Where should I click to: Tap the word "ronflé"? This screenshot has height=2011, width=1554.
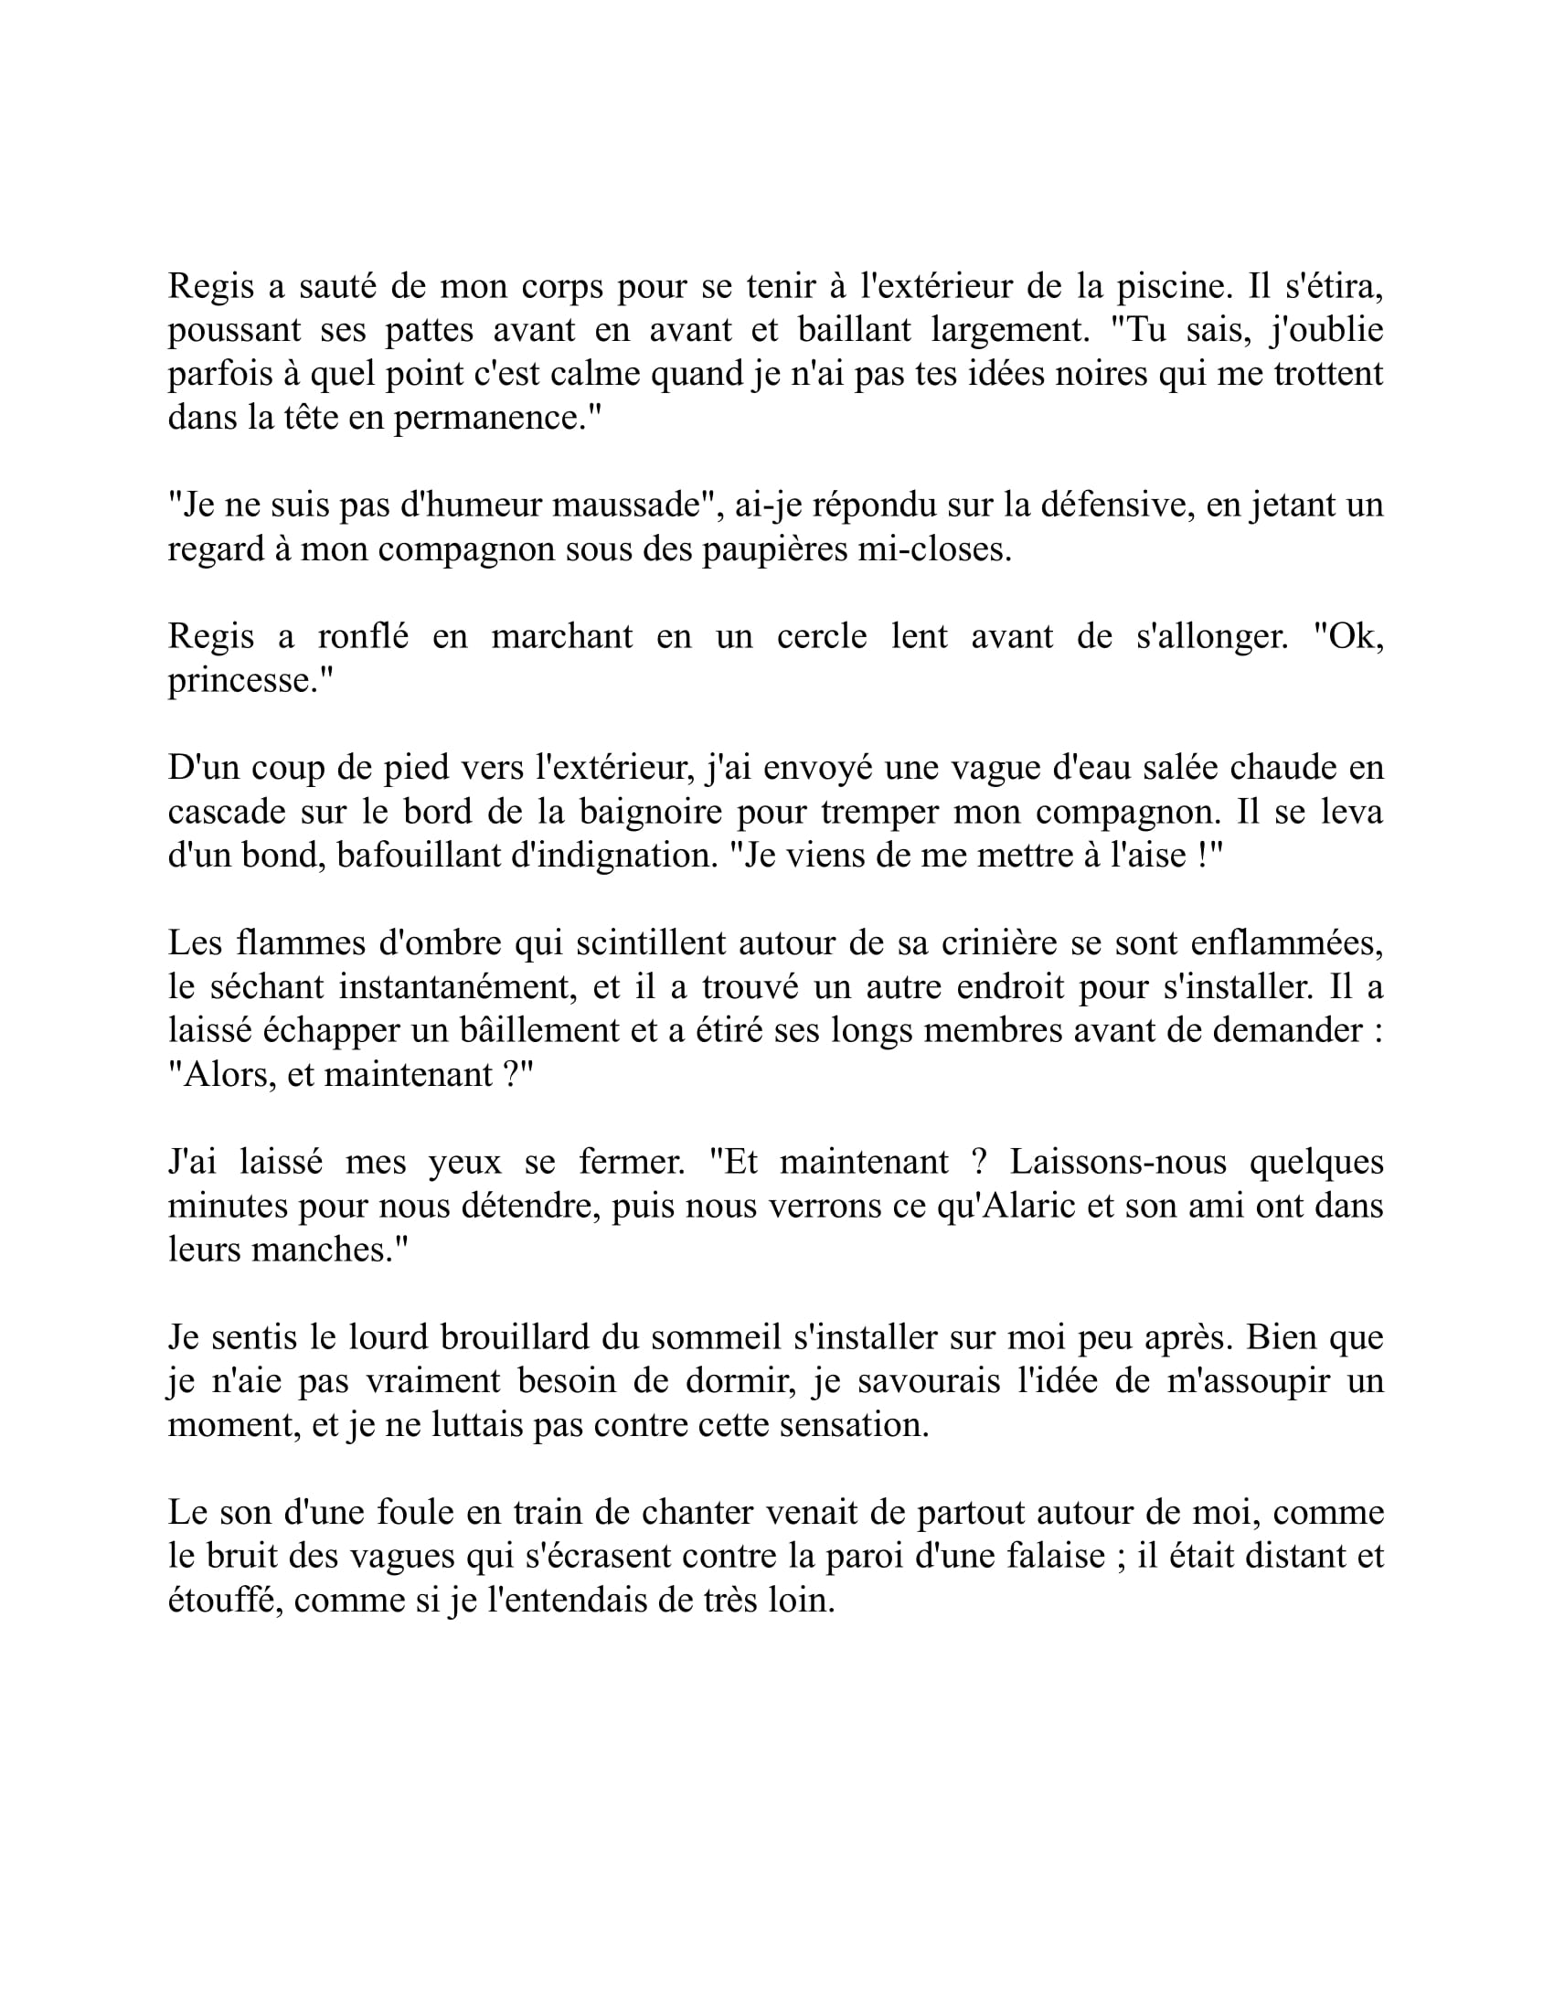363,636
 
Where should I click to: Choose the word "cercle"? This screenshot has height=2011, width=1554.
821,636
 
